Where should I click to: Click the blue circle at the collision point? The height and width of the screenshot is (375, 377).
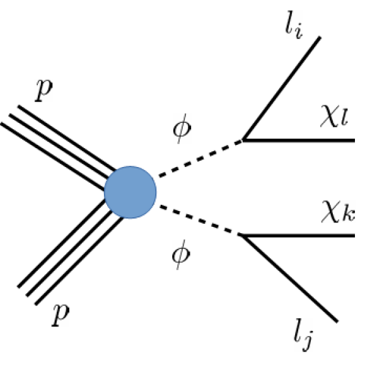pos(130,191)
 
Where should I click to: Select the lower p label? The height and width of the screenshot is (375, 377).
pos(59,313)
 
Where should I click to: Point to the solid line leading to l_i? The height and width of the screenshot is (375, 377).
pos(282,89)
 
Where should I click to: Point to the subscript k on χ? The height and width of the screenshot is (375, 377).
pos(346,219)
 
